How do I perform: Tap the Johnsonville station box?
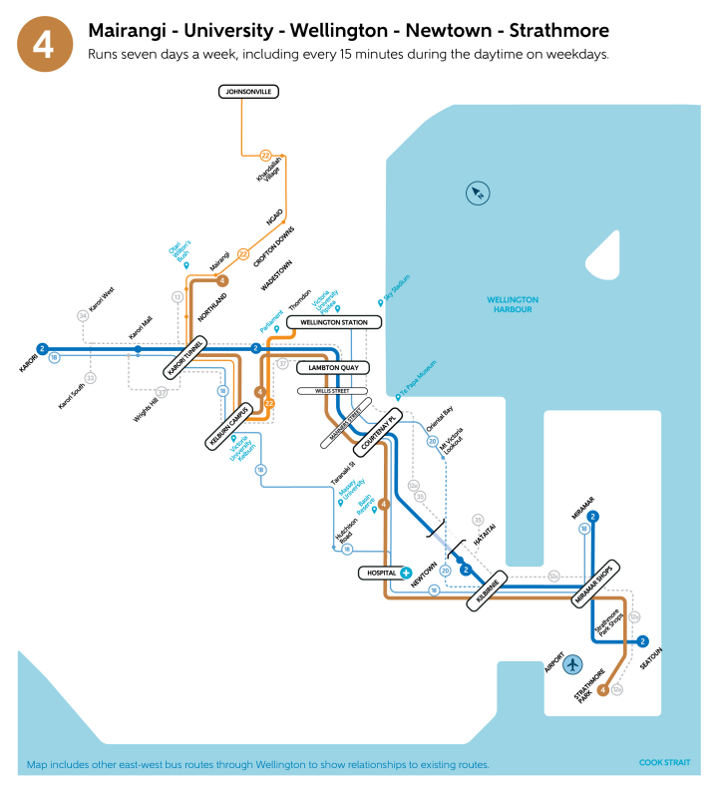tap(248, 92)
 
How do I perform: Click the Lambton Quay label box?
tap(333, 368)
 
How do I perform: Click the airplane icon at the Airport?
tap(572, 664)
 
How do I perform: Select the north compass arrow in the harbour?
tap(477, 193)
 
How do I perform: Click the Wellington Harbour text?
tap(513, 304)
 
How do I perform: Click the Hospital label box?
tap(379, 574)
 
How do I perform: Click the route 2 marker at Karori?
tap(42, 348)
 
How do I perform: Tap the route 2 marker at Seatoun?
tap(642, 641)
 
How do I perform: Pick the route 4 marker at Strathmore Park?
tap(602, 689)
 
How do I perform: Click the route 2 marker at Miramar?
tap(593, 516)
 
